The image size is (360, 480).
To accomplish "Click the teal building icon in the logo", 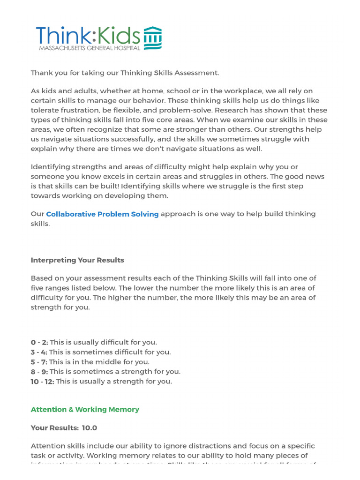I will (152, 38).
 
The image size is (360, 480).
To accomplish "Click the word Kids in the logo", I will (117, 36).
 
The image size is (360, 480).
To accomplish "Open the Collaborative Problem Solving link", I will (102, 214).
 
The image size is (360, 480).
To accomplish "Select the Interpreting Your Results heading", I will (77, 260).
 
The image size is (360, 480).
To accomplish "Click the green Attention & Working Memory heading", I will (85, 410).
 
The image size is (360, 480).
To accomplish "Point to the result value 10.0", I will (90, 428).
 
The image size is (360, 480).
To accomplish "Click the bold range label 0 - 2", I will (39, 342).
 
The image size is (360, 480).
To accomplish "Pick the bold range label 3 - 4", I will (39, 352).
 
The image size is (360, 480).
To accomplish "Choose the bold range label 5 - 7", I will (39, 362).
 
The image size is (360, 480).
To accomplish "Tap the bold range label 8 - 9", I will (39, 372).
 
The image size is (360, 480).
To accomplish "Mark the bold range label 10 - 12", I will (42, 382).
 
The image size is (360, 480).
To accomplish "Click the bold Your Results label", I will (54, 428).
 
